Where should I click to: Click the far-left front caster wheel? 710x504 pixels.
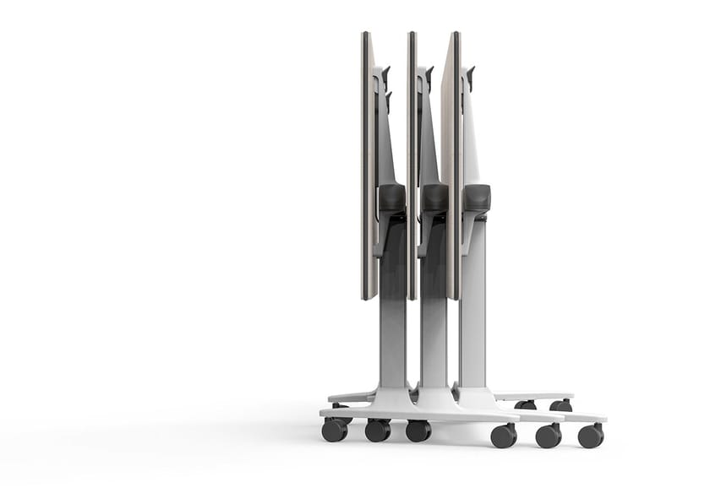[335, 430]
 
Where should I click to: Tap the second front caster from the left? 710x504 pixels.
[378, 431]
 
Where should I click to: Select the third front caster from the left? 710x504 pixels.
[418, 431]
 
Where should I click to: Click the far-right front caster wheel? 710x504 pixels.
[591, 436]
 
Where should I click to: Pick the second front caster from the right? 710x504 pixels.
[548, 436]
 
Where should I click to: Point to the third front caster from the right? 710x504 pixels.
[504, 436]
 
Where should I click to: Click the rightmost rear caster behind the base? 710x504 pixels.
[560, 405]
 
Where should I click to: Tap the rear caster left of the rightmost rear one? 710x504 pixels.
[526, 404]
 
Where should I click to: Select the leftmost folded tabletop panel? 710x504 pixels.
[369, 165]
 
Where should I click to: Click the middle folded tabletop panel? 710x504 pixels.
[412, 165]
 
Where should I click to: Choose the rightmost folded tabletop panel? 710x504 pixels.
[453, 165]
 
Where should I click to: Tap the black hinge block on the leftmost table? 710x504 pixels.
[391, 198]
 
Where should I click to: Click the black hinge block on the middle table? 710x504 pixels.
[435, 198]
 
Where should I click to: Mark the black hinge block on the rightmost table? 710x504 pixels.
[478, 198]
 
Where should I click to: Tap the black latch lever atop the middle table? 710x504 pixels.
[429, 78]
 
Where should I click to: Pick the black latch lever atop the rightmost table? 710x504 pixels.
[470, 76]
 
